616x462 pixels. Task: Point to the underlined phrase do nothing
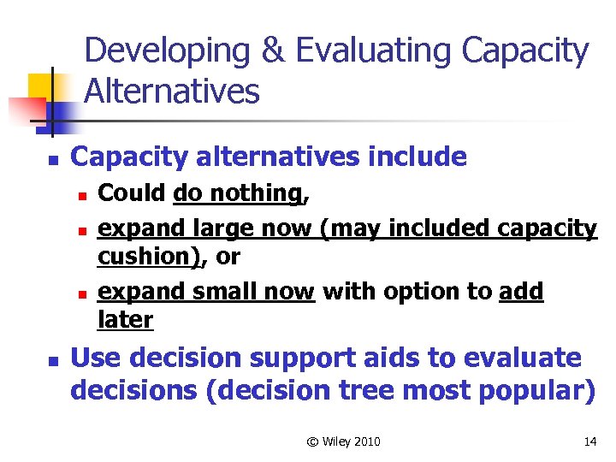click(x=237, y=194)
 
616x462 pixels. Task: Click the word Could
click(x=133, y=194)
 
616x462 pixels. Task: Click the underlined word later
click(x=126, y=320)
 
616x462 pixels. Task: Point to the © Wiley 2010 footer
click(x=343, y=441)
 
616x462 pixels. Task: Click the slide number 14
click(x=589, y=441)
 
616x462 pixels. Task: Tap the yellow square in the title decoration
click(x=41, y=86)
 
